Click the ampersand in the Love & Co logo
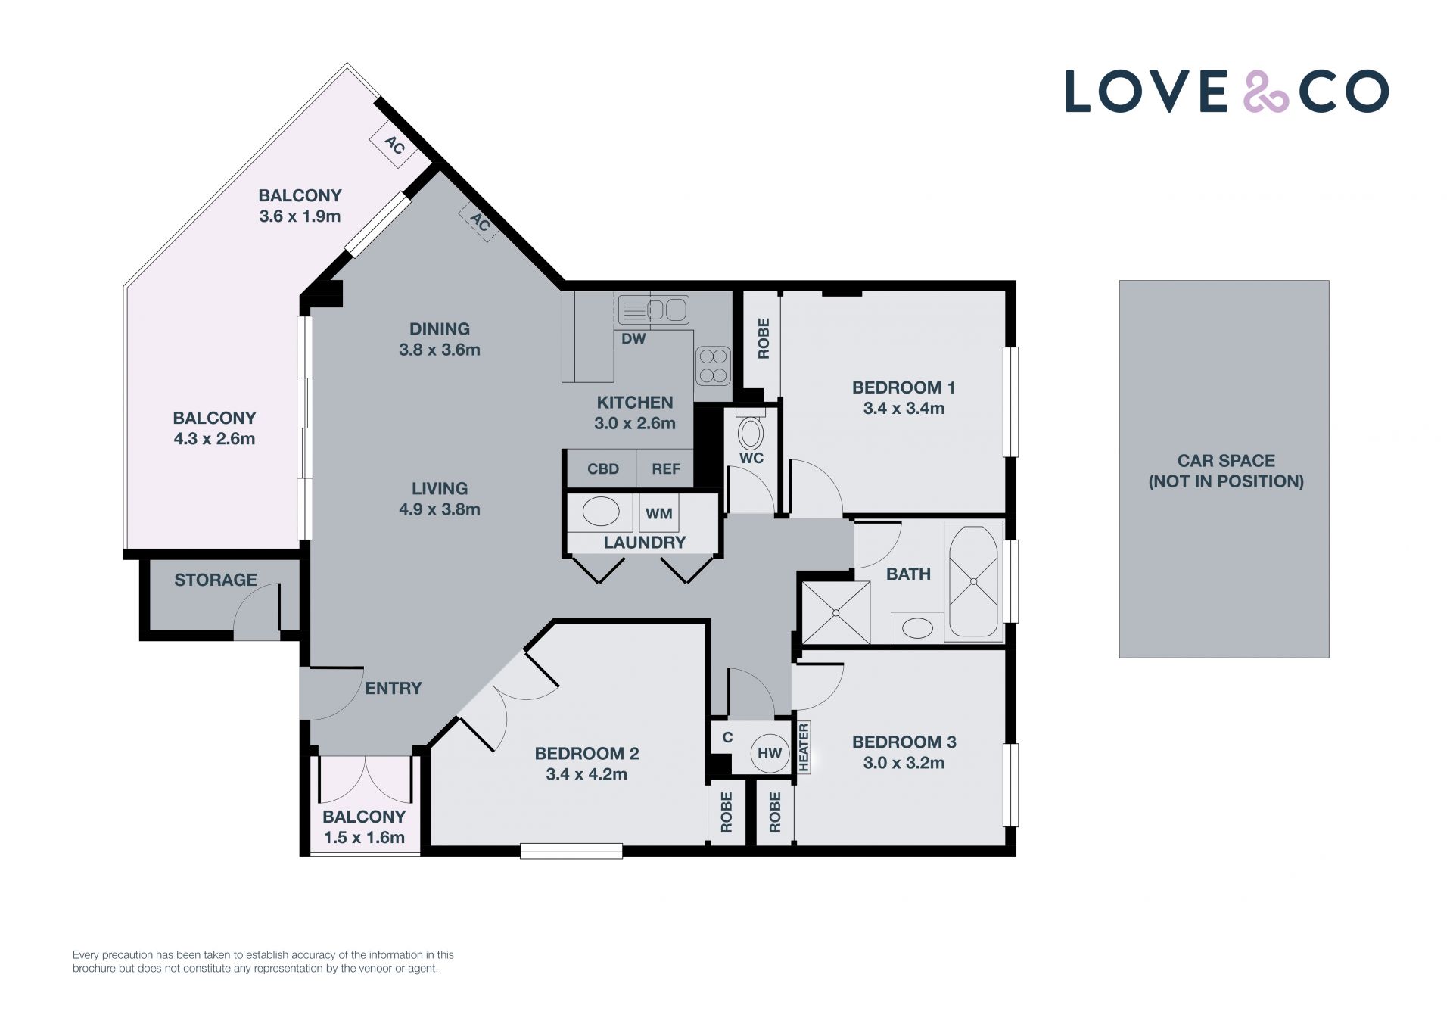(1266, 92)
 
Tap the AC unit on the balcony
(394, 145)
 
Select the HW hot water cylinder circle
(770, 753)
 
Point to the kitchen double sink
(654, 310)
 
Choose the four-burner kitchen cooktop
(713, 366)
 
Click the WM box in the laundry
(659, 513)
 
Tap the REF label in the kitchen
(666, 469)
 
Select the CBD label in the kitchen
(603, 469)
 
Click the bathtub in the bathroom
(973, 581)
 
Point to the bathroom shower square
(835, 612)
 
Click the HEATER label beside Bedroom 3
(804, 748)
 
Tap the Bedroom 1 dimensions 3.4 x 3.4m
(904, 409)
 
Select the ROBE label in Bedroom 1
(764, 338)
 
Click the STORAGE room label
(216, 580)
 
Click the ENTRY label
(393, 689)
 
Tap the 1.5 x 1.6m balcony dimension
(364, 838)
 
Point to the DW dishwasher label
(633, 339)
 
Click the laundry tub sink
(601, 512)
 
